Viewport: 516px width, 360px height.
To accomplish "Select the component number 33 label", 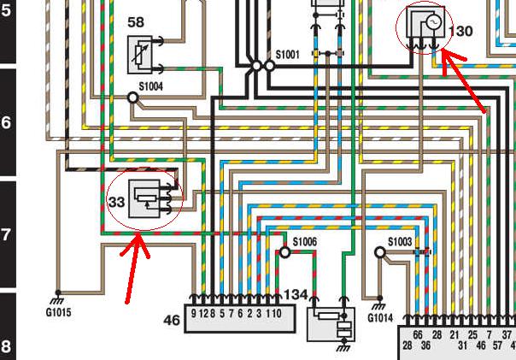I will [116, 202].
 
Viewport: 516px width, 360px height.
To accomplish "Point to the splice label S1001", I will [287, 54].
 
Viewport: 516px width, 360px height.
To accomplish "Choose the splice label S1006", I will [305, 242].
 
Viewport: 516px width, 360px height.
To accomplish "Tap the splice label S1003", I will [400, 242].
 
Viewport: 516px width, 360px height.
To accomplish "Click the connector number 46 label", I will [172, 321].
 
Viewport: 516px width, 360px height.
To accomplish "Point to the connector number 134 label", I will [295, 295].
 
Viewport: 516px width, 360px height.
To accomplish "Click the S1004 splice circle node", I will [133, 97].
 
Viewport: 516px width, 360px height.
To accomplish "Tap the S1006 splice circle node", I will [285, 252].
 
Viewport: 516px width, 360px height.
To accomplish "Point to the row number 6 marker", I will [7, 122].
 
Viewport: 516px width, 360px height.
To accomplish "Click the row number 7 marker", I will [7, 234].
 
